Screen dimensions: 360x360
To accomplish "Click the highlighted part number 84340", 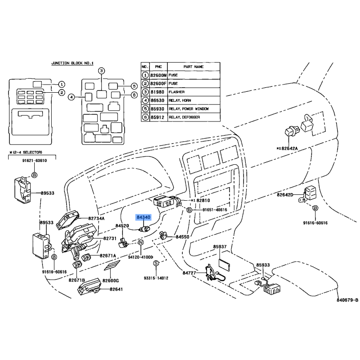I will click(x=144, y=218).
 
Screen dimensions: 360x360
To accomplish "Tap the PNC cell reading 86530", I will click(x=158, y=100).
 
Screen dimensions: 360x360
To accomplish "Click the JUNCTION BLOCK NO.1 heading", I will click(x=72, y=63).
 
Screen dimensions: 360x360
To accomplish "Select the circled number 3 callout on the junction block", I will click(x=102, y=71).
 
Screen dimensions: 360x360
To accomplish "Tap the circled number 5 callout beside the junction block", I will click(x=134, y=86).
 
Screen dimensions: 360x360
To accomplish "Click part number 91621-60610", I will click(x=34, y=161).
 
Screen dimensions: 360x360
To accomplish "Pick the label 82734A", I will click(x=96, y=219).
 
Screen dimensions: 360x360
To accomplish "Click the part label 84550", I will click(x=183, y=237).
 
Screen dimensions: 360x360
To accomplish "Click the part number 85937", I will click(x=220, y=247).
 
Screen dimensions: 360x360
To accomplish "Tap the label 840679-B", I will click(x=347, y=300).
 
